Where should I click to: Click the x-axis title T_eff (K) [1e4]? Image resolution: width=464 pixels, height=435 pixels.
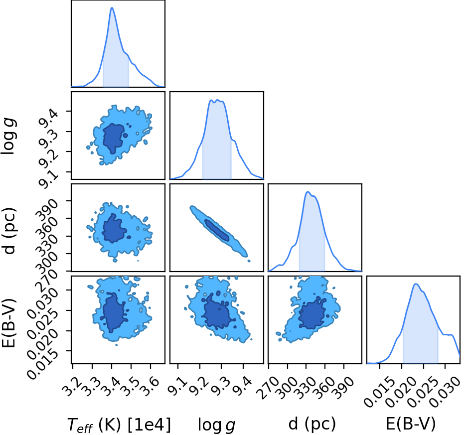coord(119,425)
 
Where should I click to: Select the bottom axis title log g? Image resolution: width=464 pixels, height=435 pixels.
coord(217,425)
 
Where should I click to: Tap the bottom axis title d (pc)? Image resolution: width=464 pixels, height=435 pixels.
coord(312,425)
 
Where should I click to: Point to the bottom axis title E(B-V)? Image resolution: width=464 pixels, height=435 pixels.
coord(411,424)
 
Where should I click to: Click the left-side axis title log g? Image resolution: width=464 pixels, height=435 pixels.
coord(8,136)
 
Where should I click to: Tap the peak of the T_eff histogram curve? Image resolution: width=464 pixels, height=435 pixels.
coord(112,7)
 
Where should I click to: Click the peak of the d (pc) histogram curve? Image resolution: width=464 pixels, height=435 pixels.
coord(308,192)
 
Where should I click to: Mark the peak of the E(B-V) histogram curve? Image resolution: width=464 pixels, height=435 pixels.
coord(416,284)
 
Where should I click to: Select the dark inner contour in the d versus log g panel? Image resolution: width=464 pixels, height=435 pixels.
coord(217,230)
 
